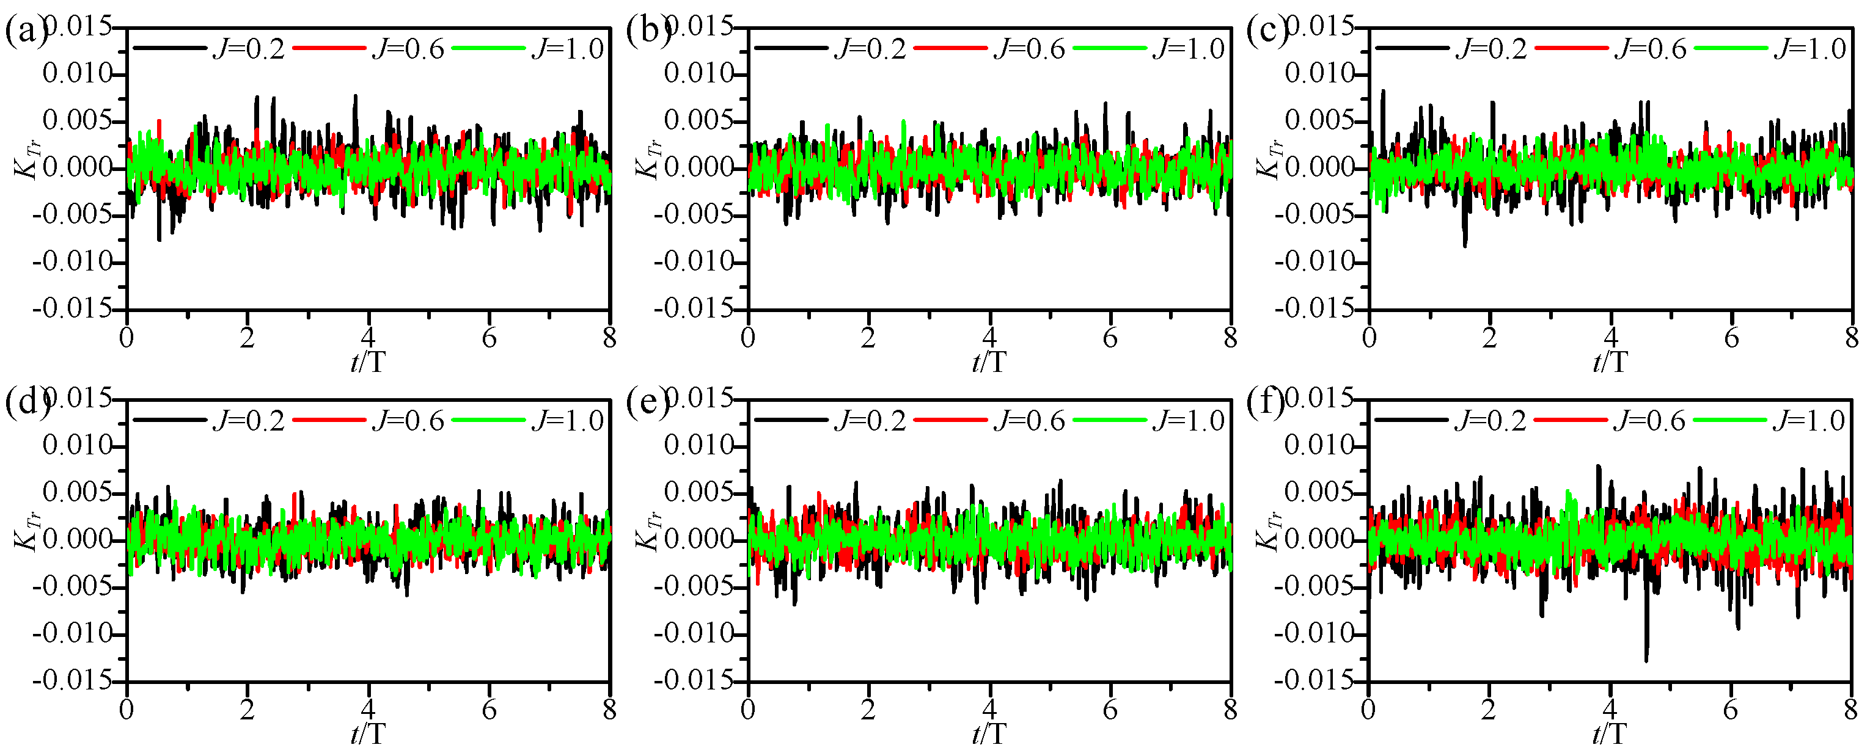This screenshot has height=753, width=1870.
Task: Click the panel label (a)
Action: tap(26, 32)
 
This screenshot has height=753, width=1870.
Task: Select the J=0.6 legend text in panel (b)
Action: tap(1029, 49)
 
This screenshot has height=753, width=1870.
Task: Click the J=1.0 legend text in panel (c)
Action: tap(1810, 49)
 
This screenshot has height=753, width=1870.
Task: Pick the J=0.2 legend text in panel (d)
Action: tap(248, 421)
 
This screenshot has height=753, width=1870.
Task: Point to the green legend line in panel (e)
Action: tap(1110, 420)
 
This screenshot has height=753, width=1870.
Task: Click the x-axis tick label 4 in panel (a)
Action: tap(368, 338)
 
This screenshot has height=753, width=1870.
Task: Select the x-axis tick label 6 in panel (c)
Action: tap(1731, 338)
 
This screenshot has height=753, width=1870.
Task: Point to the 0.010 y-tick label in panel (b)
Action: tap(700, 74)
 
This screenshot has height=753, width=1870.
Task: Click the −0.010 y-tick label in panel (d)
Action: tap(73, 634)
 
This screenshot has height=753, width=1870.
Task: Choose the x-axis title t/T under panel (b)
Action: tap(989, 362)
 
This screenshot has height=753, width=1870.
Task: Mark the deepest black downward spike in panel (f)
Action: tap(1646, 660)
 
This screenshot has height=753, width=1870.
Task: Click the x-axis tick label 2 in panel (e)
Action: tap(868, 710)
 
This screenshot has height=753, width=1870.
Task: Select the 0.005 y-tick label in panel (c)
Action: tap(1321, 120)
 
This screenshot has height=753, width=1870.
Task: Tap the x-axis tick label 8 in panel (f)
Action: tap(1850, 710)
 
